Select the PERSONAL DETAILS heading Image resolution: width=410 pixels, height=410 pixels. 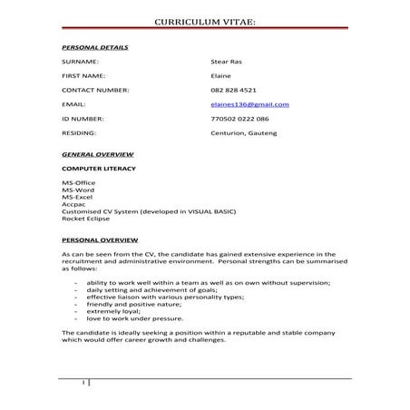(94, 46)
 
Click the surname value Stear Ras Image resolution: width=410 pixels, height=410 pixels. (225, 61)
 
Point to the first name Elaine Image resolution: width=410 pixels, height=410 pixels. (220, 75)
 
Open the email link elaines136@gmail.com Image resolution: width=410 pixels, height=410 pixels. (249, 104)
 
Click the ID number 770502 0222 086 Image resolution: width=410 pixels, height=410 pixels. (240, 119)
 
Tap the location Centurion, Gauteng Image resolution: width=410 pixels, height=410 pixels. (243, 133)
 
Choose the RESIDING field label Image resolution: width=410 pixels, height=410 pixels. (78, 133)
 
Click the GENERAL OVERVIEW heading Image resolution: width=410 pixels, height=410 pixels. (94, 154)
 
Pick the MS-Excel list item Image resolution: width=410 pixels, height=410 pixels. (78, 197)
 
